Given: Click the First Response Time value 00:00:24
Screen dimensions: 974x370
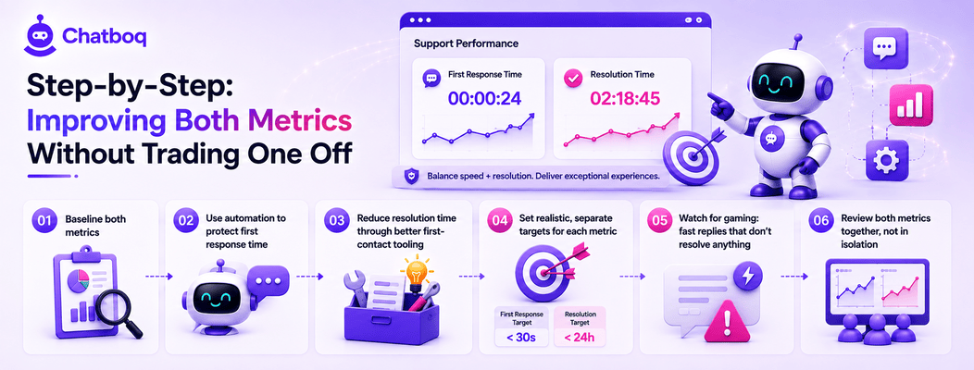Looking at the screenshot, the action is pos(483,97).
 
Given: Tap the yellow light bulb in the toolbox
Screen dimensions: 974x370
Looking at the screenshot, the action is pos(416,274).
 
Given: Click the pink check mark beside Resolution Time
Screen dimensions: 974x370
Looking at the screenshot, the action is pos(571,79).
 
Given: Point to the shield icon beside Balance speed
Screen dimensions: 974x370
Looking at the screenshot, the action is pos(410,177).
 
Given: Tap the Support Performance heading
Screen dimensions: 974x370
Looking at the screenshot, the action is pos(466,44).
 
